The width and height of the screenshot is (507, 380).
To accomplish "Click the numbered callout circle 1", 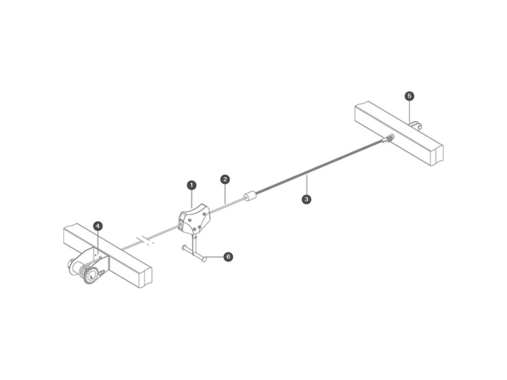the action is [x=192, y=185].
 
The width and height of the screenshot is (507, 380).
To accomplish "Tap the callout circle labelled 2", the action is [x=225, y=179].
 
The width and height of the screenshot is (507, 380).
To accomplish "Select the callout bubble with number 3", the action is [x=307, y=199].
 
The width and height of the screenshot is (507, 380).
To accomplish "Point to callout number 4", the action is [x=98, y=226].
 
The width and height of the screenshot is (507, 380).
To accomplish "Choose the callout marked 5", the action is [x=409, y=95].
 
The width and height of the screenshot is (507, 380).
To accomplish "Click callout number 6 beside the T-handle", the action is [x=228, y=256].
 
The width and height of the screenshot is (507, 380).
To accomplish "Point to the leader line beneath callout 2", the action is [x=225, y=193].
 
